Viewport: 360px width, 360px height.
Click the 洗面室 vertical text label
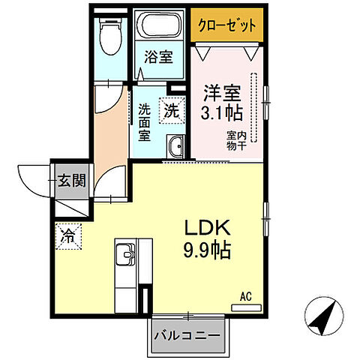(x=144, y=121)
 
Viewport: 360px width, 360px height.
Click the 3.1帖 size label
(x=222, y=114)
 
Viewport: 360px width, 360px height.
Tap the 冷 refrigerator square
(x=68, y=235)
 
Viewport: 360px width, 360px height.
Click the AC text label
(x=245, y=296)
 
